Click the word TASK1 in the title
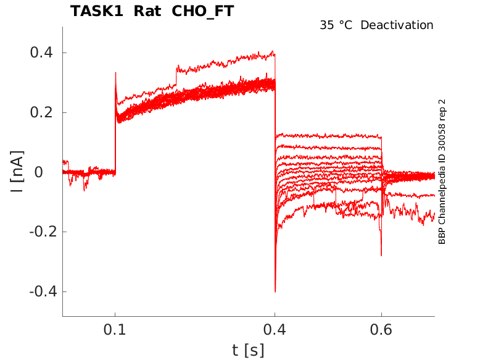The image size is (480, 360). (96, 11)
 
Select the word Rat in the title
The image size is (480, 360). (146, 11)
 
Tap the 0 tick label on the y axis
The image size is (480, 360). (38, 172)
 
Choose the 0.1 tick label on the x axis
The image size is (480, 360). (115, 330)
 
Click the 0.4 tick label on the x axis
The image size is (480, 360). (275, 330)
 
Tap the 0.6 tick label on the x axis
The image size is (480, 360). (381, 330)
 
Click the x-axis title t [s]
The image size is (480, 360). (248, 350)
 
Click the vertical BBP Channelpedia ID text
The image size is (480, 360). (442, 171)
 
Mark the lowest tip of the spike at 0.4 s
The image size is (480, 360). (275, 291)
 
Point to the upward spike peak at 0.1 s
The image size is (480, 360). (115, 73)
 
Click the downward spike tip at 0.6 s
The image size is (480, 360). (381, 255)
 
